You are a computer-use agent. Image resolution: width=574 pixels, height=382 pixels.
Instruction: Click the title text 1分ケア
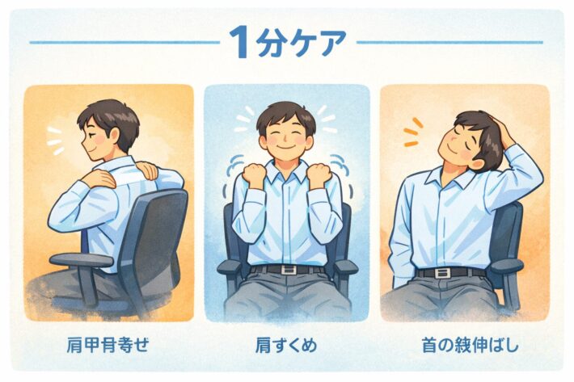[x=287, y=42]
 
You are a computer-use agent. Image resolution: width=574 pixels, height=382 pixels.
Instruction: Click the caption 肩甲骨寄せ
[x=108, y=346]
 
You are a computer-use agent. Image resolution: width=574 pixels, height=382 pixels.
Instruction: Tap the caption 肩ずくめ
[x=286, y=346]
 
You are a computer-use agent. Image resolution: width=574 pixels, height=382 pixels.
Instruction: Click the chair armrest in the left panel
[x=81, y=260]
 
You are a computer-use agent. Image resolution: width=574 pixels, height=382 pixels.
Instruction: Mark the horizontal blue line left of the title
[x=121, y=42]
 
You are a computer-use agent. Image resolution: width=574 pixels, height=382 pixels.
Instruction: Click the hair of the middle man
[x=286, y=113]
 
